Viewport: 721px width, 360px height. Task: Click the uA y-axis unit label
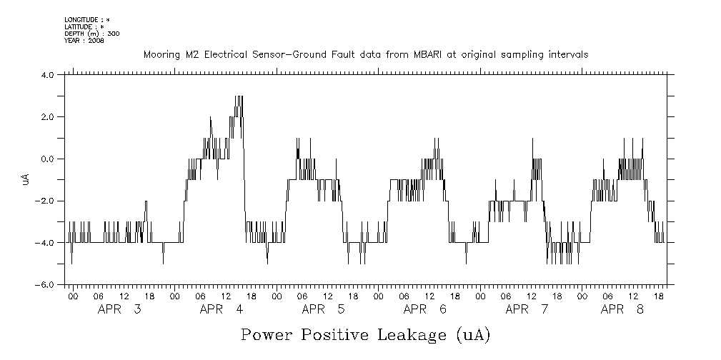[26, 179]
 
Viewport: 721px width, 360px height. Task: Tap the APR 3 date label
[119, 309]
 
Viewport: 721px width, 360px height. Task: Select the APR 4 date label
[222, 309]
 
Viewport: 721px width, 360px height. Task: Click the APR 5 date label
[324, 309]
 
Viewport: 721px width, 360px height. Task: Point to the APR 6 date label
[426, 309]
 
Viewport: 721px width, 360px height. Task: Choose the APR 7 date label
[527, 309]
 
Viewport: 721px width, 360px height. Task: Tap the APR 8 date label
[622, 309]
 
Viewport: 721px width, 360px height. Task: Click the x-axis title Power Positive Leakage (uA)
[365, 335]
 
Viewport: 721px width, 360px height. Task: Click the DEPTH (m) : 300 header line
[92, 34]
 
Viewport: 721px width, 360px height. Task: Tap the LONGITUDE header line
[87, 19]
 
